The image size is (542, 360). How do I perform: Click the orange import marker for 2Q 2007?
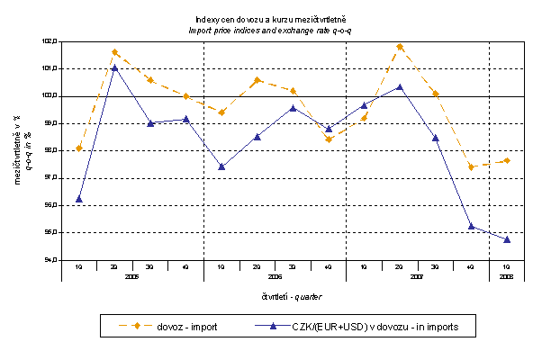point(400,47)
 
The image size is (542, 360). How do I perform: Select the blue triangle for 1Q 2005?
point(79,199)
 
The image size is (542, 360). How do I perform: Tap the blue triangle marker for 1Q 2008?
point(507,239)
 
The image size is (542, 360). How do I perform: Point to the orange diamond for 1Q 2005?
point(79,148)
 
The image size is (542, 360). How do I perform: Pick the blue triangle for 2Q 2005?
point(115,67)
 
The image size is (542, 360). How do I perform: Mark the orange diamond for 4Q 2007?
point(471,166)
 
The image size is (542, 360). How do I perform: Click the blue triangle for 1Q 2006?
point(221,166)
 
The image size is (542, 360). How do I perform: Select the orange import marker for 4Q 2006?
point(329,139)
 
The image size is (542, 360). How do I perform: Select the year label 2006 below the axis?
point(276,277)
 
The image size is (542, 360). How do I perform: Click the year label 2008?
point(507,277)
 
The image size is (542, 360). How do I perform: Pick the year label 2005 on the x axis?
point(133,277)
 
